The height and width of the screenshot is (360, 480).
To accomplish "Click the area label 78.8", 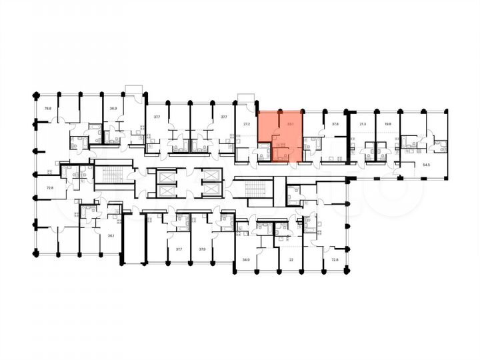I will tap(47, 108).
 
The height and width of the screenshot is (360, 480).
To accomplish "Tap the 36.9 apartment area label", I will tap(113, 108).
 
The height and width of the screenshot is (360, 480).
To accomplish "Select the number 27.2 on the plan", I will tap(246, 124).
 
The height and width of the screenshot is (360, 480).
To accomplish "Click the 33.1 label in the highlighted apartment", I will tap(290, 123).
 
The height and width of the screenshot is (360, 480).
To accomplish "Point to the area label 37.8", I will tap(335, 124).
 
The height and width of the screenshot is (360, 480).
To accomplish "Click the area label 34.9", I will tap(246, 259).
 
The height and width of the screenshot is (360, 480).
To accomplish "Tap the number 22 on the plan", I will tap(291, 259).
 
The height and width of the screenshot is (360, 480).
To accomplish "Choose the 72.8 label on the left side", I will tap(49, 189).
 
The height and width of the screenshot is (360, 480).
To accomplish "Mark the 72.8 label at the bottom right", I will tap(326, 259).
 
